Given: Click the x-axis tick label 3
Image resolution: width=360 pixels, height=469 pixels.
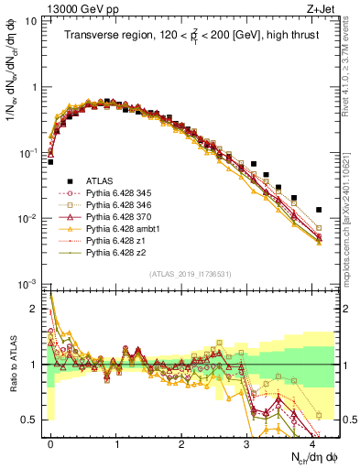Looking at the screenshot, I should pos(247,442).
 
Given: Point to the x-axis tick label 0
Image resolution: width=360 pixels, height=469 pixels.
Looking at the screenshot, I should pos(50,442).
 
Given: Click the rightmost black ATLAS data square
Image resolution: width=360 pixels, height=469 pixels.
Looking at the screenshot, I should pos(319,210).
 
